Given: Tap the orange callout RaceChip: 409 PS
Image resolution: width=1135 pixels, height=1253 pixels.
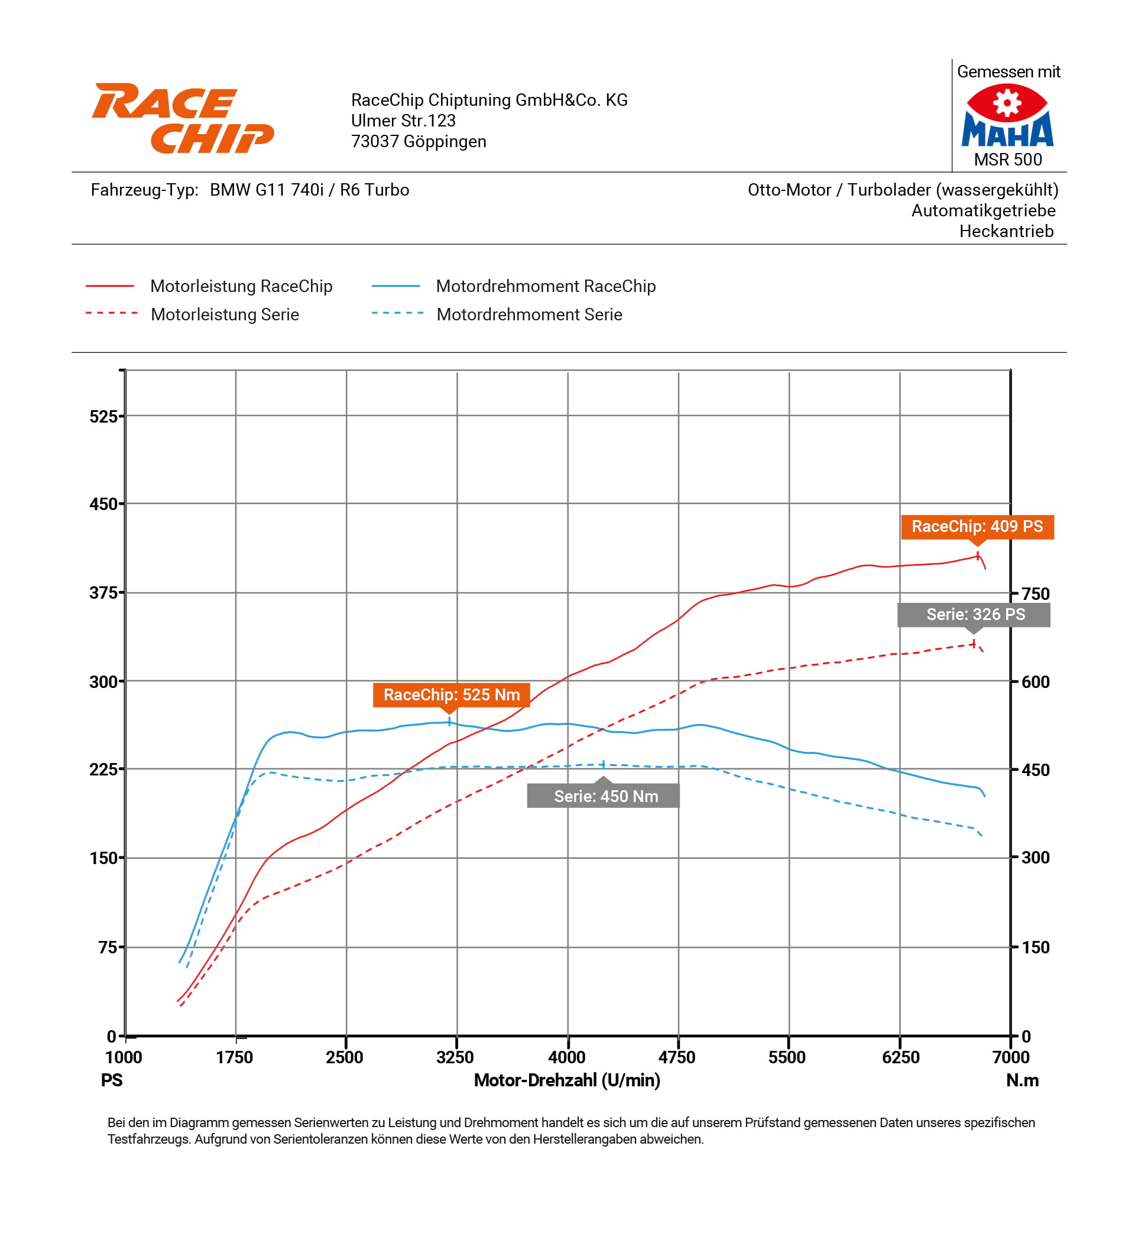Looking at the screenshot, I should tap(977, 527).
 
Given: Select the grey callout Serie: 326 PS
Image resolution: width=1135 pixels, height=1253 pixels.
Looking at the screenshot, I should tap(973, 614).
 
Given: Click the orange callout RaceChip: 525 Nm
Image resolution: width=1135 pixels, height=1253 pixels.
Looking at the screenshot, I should tap(450, 694).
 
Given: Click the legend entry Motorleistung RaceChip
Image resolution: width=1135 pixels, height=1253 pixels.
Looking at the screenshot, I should tap(241, 286).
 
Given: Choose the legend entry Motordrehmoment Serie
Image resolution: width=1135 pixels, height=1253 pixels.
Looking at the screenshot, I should tap(528, 314).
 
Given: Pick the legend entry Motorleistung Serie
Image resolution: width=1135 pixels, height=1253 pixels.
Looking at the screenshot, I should tap(225, 314).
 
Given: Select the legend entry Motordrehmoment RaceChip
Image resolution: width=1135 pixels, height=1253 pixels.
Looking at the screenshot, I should tap(545, 286).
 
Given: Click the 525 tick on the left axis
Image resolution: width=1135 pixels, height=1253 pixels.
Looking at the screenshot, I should tap(103, 417).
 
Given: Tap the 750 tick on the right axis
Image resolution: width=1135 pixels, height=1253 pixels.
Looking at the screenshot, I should tap(1035, 593).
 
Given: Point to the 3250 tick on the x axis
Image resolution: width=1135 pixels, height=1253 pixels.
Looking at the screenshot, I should tap(455, 1057).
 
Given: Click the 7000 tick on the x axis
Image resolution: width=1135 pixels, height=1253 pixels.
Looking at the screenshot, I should tap(1010, 1057).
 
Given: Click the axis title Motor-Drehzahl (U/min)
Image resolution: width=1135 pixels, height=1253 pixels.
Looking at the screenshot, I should tap(566, 1080).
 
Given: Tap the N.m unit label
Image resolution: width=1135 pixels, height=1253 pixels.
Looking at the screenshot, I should tap(1022, 1080).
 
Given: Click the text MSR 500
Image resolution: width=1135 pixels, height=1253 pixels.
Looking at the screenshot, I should tap(1007, 160).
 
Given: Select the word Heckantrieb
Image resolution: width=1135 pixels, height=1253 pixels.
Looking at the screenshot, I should tap(1005, 231).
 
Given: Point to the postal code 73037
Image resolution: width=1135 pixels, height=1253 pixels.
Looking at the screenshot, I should tap(374, 142).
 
